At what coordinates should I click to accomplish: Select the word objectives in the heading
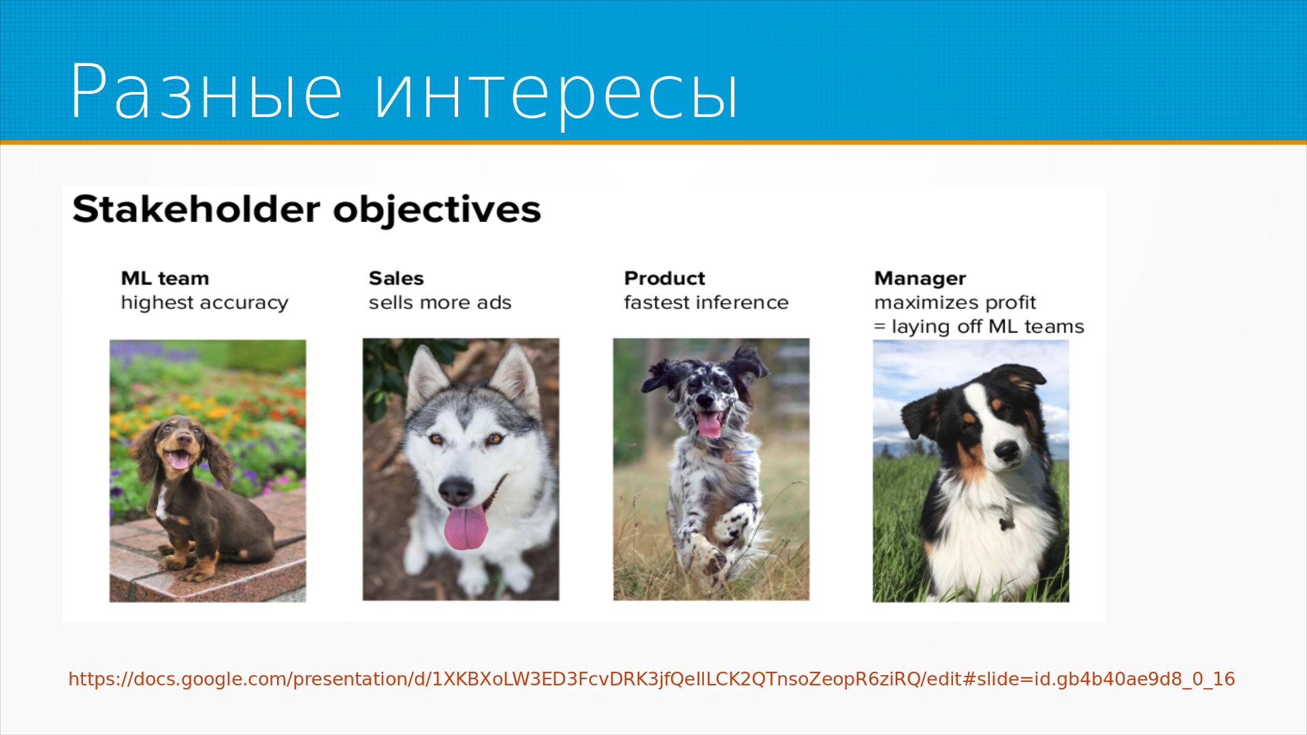tap(437, 210)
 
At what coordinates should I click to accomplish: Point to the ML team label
tap(165, 278)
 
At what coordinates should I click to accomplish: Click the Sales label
tap(396, 278)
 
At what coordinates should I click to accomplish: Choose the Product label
tap(664, 278)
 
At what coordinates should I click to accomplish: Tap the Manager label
tap(920, 279)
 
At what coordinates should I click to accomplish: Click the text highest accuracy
tap(204, 303)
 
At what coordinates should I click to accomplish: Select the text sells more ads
tap(440, 302)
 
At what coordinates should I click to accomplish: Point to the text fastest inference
tap(706, 302)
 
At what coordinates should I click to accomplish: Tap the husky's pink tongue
tap(466, 527)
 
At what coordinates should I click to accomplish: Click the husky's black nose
tap(456, 489)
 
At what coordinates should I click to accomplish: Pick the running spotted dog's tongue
tap(709, 425)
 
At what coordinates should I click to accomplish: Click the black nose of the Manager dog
tap(1007, 451)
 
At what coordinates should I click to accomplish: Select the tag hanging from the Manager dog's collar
tap(1006, 523)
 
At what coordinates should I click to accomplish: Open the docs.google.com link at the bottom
tap(651, 679)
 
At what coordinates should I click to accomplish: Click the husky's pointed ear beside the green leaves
tap(424, 375)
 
